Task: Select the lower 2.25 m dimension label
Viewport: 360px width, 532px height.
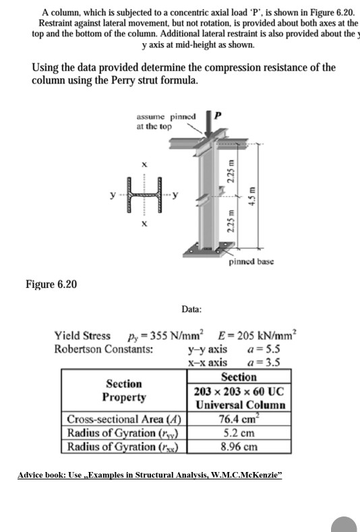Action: coord(230,227)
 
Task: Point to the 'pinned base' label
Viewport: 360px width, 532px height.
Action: coord(251,261)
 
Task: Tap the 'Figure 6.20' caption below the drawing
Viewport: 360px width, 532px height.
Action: coord(51,284)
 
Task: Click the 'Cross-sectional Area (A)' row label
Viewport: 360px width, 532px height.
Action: coord(125,419)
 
